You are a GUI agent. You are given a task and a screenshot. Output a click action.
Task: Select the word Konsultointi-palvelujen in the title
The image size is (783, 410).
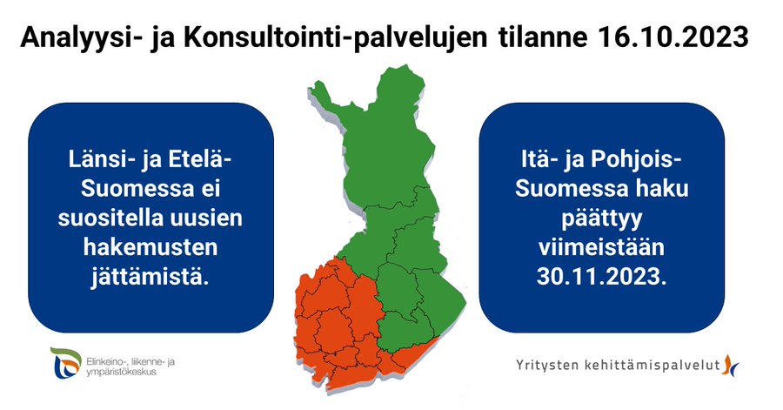coord(335,38)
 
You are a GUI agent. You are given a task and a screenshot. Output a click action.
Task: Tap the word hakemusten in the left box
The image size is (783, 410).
coord(151,247)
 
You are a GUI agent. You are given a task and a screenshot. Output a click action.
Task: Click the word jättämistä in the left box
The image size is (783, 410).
coord(150,277)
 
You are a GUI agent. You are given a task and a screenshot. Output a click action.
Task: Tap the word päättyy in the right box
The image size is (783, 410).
coord(602,219)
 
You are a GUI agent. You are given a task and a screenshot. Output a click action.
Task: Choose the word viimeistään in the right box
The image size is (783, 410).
coord(601,247)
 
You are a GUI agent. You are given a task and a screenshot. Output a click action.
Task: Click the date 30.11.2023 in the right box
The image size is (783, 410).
coord(601,276)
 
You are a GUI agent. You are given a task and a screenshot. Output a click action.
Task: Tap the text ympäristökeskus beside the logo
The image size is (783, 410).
coord(121,372)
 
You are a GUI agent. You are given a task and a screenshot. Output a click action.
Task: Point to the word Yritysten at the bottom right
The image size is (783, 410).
coord(547,366)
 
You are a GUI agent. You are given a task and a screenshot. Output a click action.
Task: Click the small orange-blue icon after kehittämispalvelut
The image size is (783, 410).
coord(731,365)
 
